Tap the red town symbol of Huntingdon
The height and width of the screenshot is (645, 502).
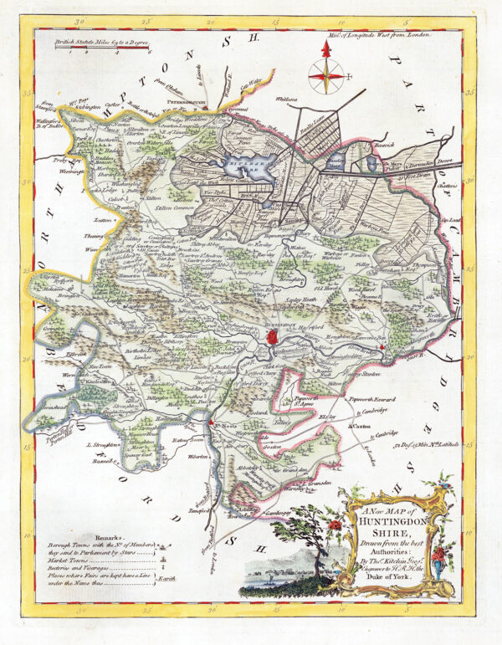273,336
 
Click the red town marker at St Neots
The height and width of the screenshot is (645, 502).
216,423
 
